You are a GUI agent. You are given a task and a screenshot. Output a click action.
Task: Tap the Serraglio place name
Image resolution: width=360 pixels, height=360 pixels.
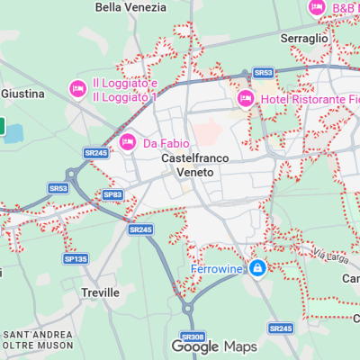pyautogui.click(x=304, y=39)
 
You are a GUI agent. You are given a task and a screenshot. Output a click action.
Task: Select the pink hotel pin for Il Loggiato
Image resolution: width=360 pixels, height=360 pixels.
pyautogui.click(x=78, y=88)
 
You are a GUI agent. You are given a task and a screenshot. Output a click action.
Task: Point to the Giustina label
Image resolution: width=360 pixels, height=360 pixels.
pyautogui.click(x=17, y=94)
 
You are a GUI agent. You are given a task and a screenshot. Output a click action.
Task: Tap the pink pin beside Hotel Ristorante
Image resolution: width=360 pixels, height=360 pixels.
pyautogui.click(x=245, y=98)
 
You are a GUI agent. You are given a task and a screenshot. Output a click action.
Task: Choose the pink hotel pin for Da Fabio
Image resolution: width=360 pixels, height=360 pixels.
pyautogui.click(x=128, y=142)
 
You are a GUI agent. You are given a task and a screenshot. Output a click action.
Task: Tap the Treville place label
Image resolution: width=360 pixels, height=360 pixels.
pyautogui.click(x=100, y=292)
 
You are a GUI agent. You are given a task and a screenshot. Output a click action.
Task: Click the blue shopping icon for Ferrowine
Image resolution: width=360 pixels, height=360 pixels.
pyautogui.click(x=258, y=268)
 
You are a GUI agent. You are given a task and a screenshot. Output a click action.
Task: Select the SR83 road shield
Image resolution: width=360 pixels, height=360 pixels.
pyautogui.click(x=112, y=194)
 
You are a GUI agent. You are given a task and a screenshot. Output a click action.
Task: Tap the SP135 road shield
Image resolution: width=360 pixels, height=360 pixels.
pyautogui.click(x=76, y=259)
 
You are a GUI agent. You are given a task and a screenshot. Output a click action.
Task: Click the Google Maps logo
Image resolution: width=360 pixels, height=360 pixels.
pyautogui.click(x=214, y=346)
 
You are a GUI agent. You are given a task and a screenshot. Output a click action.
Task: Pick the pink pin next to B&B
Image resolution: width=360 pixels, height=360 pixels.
pyautogui.click(x=316, y=8)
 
